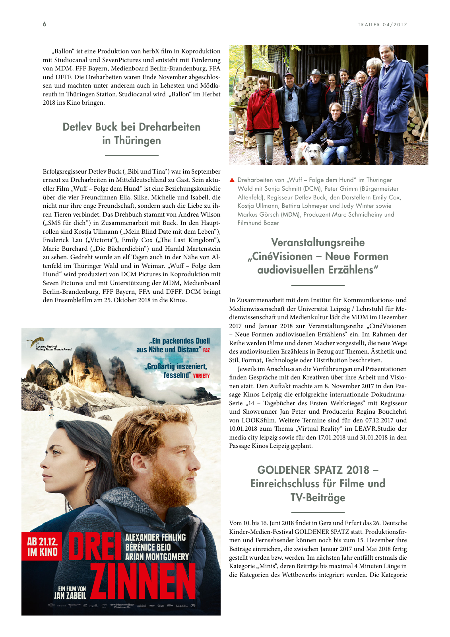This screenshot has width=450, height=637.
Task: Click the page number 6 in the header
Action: [45, 24]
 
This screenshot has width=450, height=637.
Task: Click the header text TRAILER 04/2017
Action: [382, 25]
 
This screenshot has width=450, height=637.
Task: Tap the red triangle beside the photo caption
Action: [232, 180]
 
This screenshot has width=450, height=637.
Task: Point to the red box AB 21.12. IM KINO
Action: [42, 546]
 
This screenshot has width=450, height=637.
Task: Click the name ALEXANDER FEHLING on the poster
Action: [155, 537]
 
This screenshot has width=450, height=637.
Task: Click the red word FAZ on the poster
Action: [206, 350]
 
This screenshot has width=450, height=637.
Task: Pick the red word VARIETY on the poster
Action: [202, 375]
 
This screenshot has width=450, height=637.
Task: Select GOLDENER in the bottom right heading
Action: [286, 470]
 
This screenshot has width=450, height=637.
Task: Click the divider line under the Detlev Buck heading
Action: [132, 155]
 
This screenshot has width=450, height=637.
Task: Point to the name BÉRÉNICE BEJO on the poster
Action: [148, 547]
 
